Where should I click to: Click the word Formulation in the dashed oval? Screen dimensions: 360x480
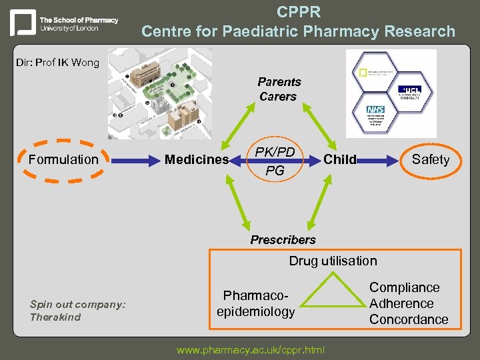63,159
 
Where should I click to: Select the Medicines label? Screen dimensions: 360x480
197,159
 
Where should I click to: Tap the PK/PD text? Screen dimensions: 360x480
275,153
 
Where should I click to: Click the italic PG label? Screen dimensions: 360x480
275,171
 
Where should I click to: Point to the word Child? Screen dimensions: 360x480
340,159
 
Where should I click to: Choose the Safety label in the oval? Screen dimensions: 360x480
431,159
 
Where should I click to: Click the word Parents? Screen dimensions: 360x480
279,82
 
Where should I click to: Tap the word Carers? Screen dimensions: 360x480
278,97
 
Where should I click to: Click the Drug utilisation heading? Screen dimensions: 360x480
333,261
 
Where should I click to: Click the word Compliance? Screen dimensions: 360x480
405,287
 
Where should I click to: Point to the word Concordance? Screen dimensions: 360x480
409,319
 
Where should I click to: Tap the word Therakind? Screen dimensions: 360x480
55,317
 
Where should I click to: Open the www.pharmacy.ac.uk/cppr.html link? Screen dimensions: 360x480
251,349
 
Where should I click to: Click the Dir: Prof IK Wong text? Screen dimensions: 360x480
58,63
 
